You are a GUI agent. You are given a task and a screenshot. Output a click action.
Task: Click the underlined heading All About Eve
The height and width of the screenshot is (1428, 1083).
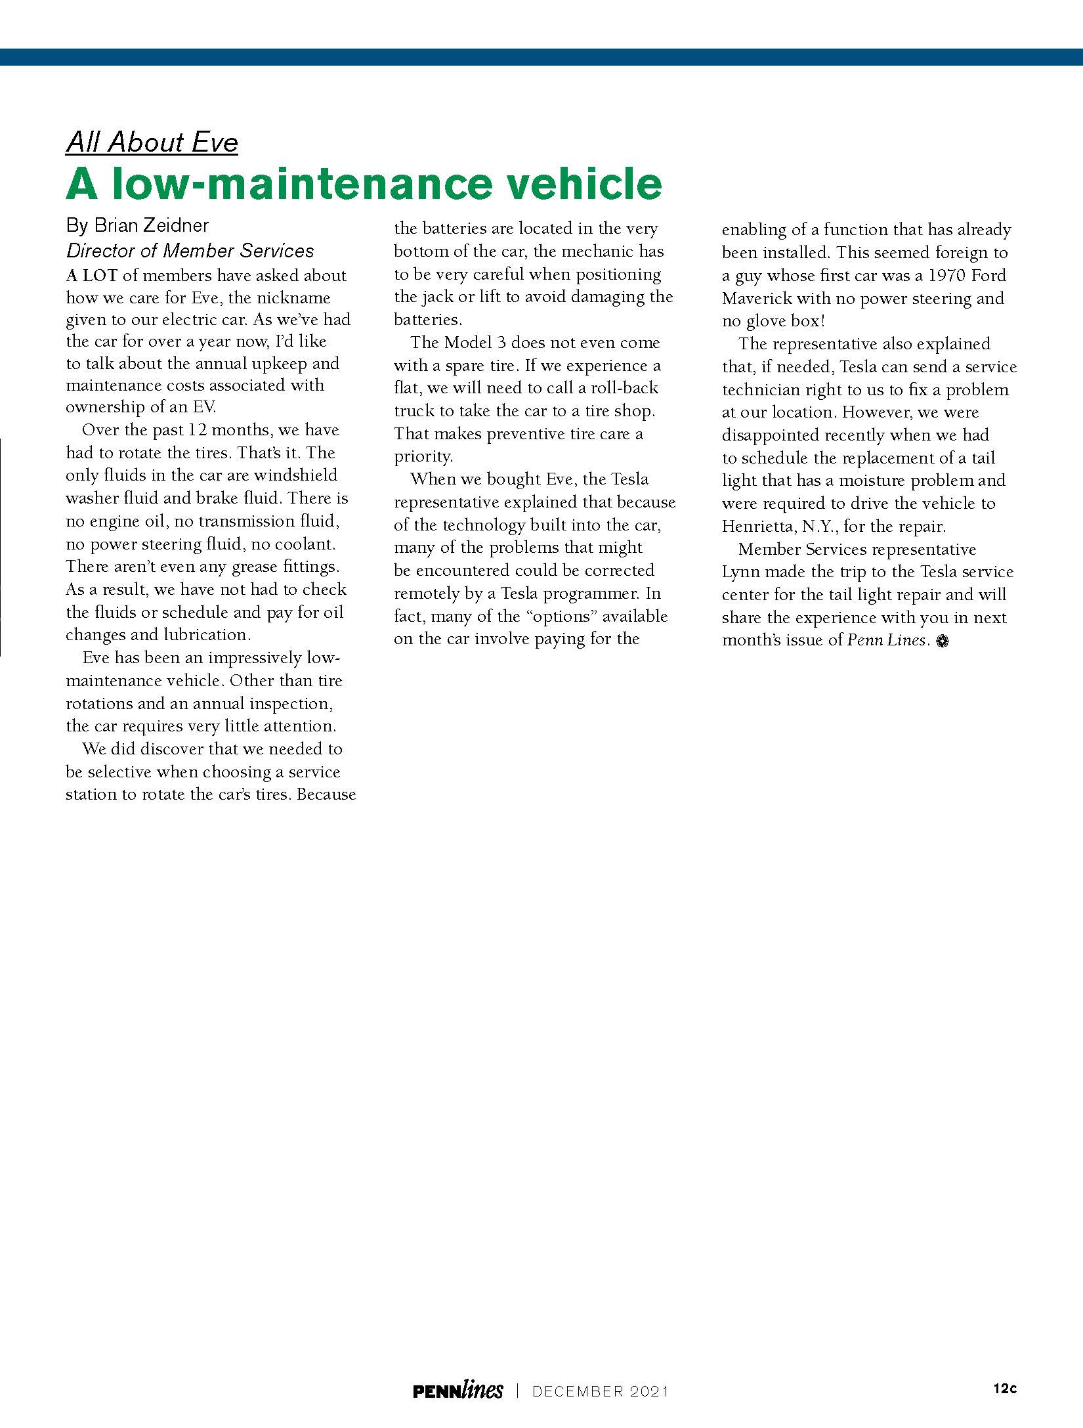(x=152, y=142)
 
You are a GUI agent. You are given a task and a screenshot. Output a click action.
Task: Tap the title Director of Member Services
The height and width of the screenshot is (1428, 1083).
(x=190, y=251)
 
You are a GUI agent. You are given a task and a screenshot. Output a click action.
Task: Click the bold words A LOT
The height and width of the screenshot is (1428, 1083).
(x=91, y=276)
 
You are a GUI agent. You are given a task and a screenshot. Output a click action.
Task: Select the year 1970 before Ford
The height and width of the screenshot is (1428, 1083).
(x=946, y=276)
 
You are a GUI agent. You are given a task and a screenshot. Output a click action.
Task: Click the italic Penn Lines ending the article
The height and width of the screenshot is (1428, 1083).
(x=886, y=640)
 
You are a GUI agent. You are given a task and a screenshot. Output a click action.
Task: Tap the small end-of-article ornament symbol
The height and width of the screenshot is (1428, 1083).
(x=943, y=641)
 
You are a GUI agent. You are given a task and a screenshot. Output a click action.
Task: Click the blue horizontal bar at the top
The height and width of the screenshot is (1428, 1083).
(x=541, y=57)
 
